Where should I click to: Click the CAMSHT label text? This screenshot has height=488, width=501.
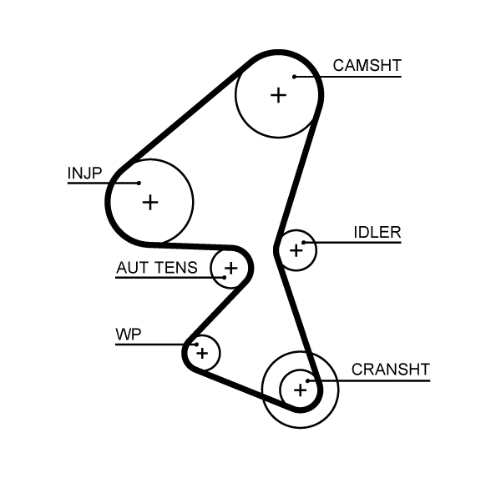click(367, 65)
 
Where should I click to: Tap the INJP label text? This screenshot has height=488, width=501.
click(84, 173)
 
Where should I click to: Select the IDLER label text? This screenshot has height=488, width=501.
click(377, 233)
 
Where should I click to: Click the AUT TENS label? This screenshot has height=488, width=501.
click(156, 268)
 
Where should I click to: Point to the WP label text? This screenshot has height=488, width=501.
click(128, 335)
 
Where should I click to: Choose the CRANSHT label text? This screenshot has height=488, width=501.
click(390, 369)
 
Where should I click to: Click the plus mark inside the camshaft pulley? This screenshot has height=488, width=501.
click(278, 95)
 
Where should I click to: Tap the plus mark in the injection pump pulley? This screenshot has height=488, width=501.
click(149, 202)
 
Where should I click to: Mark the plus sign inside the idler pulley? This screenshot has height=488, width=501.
click(296, 249)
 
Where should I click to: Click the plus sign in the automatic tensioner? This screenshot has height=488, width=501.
click(230, 268)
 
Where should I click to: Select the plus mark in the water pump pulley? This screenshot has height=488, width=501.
click(201, 354)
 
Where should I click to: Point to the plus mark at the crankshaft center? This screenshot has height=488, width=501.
click(299, 389)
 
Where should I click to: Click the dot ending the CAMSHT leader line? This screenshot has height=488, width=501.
click(295, 77)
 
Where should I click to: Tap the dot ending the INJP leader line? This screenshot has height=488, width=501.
click(138, 183)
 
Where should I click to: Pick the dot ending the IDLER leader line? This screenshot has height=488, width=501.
click(306, 243)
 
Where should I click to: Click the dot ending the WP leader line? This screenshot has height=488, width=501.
click(194, 344)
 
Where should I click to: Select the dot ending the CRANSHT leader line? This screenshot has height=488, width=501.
click(309, 380)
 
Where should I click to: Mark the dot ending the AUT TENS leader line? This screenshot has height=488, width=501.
click(224, 277)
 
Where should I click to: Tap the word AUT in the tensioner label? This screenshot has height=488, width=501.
click(131, 268)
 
